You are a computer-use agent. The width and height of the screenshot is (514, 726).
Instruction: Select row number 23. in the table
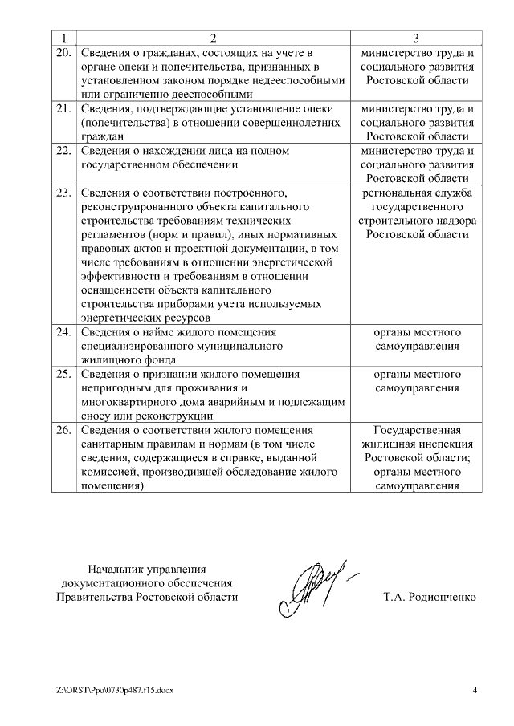point(63,193)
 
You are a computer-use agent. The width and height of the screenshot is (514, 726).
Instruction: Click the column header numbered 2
point(213,38)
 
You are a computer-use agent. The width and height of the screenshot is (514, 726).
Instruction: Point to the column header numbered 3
point(416,38)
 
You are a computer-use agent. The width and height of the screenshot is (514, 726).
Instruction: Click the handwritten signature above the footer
point(313,583)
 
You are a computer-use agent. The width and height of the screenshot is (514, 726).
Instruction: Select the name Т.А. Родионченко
point(430,598)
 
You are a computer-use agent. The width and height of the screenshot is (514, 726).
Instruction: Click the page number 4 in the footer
point(475,690)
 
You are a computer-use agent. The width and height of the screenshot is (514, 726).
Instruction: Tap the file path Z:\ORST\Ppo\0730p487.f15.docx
point(115,690)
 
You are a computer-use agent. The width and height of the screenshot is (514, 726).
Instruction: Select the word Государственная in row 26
point(417,431)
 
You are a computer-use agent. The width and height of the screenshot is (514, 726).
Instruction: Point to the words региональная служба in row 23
point(417,193)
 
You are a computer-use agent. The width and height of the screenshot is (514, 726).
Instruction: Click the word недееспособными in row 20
point(300,81)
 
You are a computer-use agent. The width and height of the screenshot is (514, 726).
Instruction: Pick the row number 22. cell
point(63,151)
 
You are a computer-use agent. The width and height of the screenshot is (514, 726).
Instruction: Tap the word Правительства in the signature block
point(96,598)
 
